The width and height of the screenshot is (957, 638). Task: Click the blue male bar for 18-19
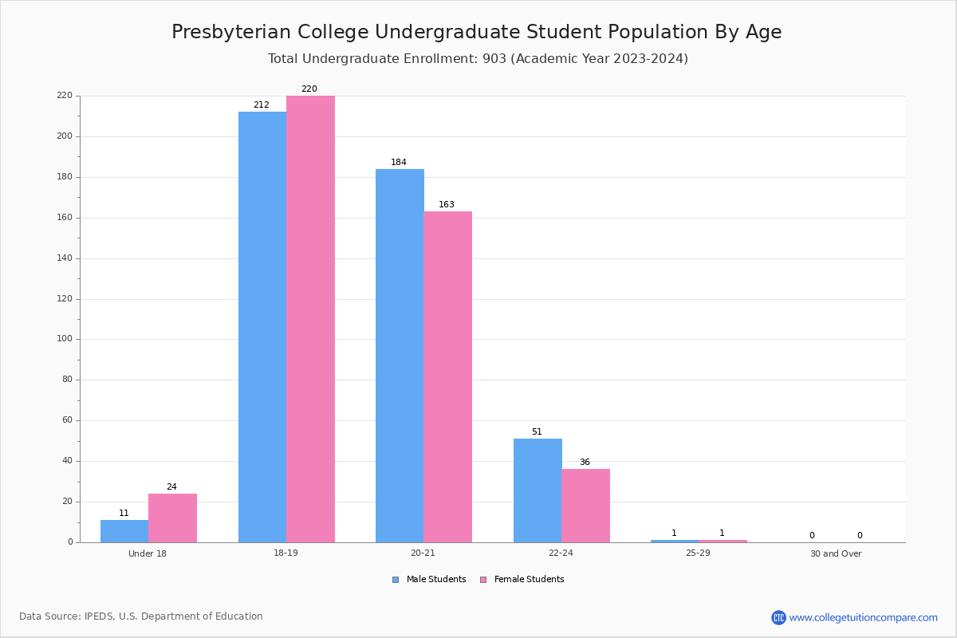262,327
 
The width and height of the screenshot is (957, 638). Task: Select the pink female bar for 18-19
310,319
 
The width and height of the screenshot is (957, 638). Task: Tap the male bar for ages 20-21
400,356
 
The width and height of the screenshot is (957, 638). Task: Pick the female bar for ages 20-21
447,376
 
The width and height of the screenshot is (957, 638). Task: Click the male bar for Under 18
124,531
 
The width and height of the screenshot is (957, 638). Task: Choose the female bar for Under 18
172,518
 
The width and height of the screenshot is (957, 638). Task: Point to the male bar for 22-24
538,490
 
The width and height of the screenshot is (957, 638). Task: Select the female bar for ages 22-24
585,506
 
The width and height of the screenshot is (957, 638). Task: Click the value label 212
262,105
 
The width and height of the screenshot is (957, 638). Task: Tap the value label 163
447,205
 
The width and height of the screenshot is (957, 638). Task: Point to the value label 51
537,432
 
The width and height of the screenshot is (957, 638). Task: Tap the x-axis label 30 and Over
836,553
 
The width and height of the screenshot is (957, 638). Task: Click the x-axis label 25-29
698,553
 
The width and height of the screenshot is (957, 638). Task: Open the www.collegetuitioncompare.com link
863,617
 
